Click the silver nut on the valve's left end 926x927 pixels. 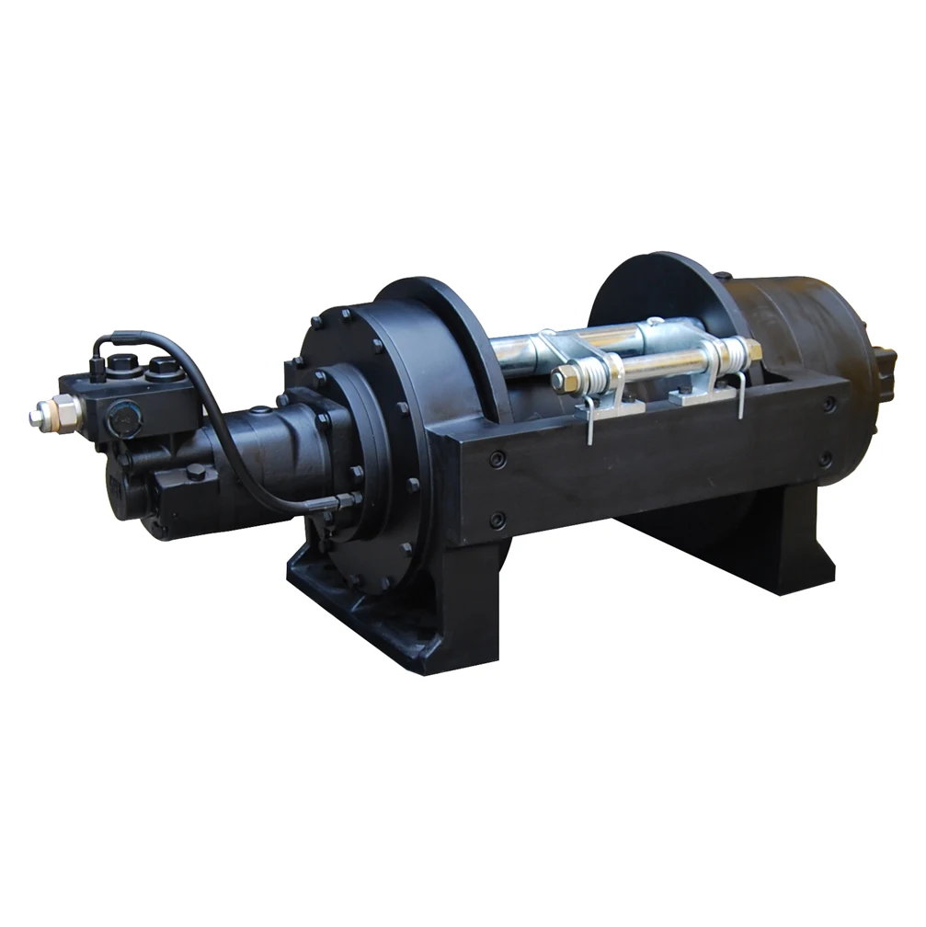[44, 415]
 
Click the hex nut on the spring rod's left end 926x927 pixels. [562, 379]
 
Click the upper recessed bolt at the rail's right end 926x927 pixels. [830, 403]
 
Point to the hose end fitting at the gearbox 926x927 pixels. [345, 501]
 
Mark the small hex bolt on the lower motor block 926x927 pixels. [196, 472]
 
